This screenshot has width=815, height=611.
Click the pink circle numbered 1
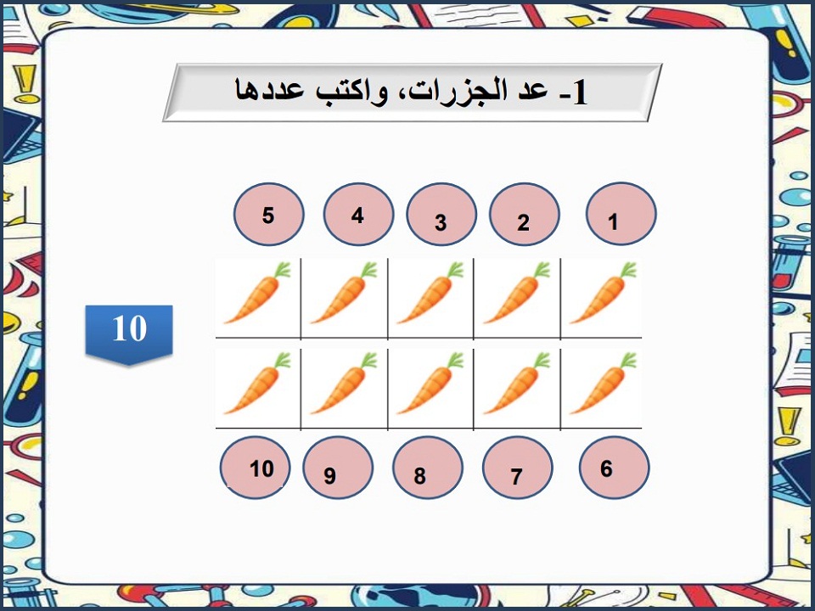coord(621,214)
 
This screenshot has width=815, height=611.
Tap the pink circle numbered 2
coord(525,216)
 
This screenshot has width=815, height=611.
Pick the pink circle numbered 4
coord(358,214)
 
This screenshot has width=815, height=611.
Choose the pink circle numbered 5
coord(268,214)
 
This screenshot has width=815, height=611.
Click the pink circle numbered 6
coord(614,468)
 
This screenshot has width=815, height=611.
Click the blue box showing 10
coord(129,331)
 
